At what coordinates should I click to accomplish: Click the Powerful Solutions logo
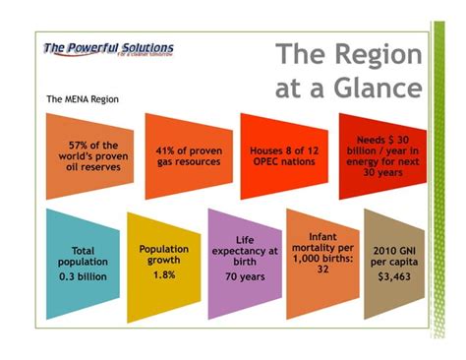pos(108,48)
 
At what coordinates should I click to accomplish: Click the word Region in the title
pos(373,55)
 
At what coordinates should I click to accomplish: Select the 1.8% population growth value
pos(163,274)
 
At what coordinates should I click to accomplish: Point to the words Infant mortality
pos(322,243)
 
